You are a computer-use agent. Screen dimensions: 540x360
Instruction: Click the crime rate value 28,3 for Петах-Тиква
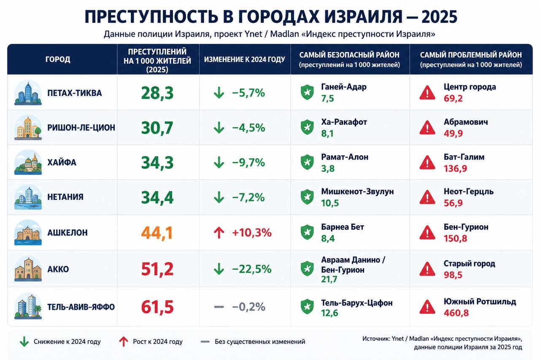[157, 93]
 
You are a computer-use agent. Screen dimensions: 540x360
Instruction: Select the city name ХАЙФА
[62, 162]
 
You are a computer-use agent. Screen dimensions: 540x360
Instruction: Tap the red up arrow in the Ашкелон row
[219, 233]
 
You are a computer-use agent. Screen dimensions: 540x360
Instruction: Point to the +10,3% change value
[252, 233]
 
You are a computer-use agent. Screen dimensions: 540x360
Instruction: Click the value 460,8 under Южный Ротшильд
[456, 313]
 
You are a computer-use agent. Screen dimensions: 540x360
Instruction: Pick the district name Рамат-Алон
[345, 157]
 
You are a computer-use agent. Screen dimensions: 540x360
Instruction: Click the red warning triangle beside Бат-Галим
[427, 162]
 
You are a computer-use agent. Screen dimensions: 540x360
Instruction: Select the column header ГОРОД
[58, 60]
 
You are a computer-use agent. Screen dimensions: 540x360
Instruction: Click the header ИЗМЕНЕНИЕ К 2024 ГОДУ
[244, 60]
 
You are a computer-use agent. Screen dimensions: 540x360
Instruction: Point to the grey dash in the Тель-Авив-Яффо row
[219, 307]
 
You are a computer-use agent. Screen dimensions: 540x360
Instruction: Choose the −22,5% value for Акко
[252, 269]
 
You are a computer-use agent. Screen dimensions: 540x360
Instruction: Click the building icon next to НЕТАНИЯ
[28, 197]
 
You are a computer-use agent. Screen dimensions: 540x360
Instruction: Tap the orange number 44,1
[157, 233]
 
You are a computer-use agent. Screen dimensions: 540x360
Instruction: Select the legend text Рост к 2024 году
[158, 342]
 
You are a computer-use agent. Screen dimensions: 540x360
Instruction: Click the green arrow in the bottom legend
[24, 342]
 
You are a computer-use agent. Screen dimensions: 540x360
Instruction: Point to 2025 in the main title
[439, 17]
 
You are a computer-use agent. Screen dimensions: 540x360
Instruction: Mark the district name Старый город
[470, 264]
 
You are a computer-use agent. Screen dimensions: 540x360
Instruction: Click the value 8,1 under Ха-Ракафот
[327, 133]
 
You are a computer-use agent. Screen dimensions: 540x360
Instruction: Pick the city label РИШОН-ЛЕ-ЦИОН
[81, 128]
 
